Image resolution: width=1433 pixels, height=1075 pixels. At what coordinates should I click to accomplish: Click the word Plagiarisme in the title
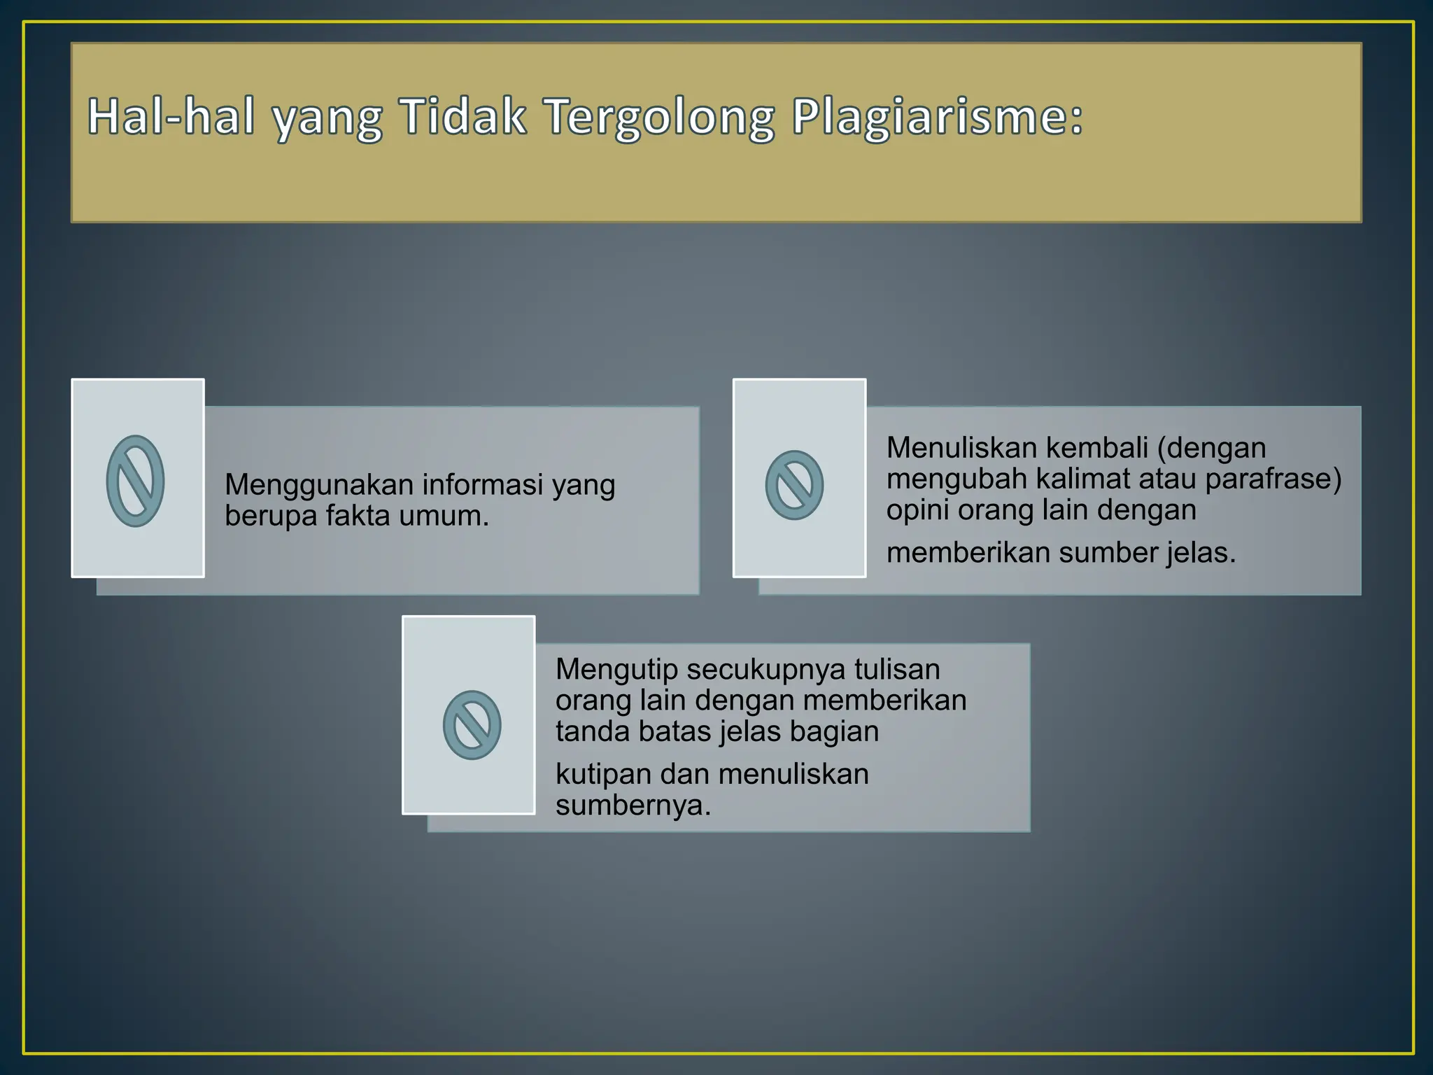click(938, 118)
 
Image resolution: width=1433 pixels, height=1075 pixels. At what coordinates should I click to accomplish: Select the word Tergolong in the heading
click(660, 118)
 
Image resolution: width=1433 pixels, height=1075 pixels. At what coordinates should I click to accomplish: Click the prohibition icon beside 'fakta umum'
click(135, 481)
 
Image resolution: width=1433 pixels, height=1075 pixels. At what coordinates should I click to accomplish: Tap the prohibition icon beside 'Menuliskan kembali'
click(794, 485)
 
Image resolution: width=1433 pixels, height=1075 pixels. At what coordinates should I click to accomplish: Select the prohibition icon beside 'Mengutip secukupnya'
click(472, 725)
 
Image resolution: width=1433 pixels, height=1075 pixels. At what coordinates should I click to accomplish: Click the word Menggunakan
click(319, 486)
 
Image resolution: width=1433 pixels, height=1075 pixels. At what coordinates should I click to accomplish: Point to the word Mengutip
click(616, 670)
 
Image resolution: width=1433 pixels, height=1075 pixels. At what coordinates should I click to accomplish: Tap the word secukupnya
click(766, 670)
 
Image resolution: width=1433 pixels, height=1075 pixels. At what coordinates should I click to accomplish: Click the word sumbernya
click(633, 806)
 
